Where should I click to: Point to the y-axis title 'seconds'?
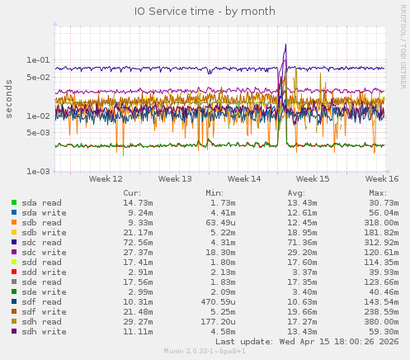[x=9, y=99]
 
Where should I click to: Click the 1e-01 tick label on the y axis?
[x=38, y=60]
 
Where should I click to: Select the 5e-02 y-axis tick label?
[x=38, y=77]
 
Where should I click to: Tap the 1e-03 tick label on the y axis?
[x=38, y=172]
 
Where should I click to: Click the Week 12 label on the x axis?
[x=106, y=178]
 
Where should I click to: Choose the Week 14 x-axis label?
[x=244, y=178]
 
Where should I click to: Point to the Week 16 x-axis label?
[x=382, y=178]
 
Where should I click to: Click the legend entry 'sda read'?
[x=41, y=202]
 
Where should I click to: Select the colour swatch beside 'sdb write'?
[x=14, y=232]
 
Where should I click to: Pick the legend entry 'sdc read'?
[x=41, y=242]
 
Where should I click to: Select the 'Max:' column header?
[x=379, y=192]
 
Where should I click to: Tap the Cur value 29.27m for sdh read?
[x=138, y=321]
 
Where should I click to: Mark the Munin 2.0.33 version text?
[x=205, y=352]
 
